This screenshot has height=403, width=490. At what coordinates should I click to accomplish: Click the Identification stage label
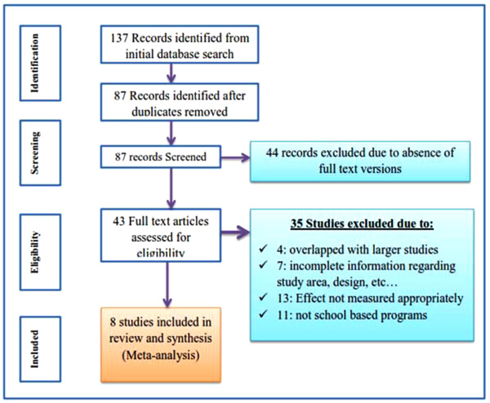click(x=34, y=63)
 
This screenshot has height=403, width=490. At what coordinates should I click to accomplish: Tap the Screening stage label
click(x=34, y=153)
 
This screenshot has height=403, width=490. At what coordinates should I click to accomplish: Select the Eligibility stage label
click(x=34, y=252)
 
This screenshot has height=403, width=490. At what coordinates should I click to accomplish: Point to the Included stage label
click(x=34, y=349)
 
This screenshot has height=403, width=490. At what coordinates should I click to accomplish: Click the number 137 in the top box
click(x=119, y=38)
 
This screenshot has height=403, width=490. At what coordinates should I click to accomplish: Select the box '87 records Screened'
click(x=161, y=157)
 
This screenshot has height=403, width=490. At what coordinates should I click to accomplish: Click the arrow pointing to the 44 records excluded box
click(x=236, y=157)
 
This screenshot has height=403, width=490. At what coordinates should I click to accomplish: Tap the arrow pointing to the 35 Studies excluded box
click(x=236, y=232)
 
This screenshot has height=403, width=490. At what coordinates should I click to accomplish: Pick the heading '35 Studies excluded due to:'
click(x=362, y=224)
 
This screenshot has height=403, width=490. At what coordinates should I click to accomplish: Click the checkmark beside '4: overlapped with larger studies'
click(x=263, y=249)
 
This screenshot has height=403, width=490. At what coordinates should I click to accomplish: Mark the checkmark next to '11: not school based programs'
click(x=263, y=314)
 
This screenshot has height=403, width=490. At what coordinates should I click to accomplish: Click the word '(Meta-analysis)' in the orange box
click(x=161, y=355)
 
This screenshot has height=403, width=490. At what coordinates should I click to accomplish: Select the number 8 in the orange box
click(x=114, y=322)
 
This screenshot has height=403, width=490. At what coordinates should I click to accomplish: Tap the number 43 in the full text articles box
click(x=119, y=221)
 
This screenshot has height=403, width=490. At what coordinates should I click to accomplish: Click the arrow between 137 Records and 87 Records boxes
click(x=171, y=73)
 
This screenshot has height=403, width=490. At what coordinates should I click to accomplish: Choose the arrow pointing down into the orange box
click(x=167, y=285)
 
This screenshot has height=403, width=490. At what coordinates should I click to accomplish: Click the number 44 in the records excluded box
click(x=272, y=153)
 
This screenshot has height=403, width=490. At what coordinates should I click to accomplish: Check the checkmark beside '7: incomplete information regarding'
click(x=263, y=265)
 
